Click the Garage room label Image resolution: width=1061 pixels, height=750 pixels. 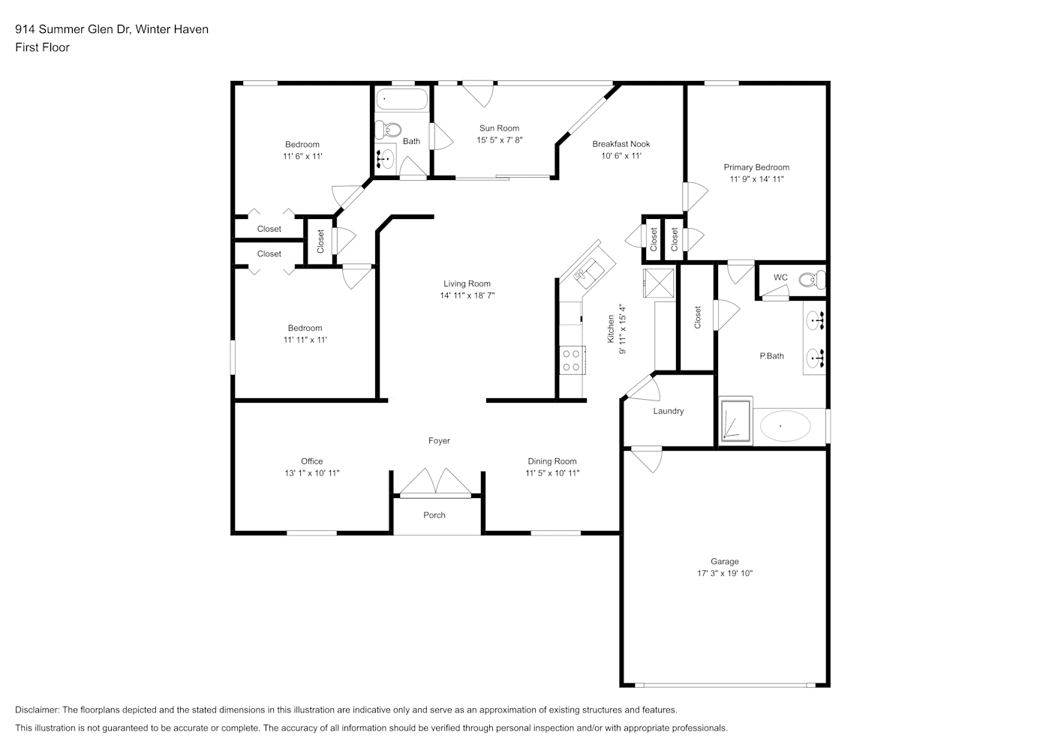[724, 561]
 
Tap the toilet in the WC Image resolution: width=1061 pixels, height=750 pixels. [812, 280]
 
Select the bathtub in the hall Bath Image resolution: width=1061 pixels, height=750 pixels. [401, 100]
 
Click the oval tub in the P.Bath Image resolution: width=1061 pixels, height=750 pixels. [785, 426]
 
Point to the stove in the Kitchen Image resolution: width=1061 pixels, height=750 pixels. [573, 361]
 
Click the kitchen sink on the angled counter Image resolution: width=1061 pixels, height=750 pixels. [590, 272]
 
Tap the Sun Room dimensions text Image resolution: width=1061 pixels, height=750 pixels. [499, 140]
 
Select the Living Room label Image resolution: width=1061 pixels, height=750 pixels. [467, 283]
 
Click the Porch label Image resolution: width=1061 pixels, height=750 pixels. [434, 515]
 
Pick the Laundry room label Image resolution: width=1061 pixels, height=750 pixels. [669, 411]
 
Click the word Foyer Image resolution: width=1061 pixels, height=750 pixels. [439, 441]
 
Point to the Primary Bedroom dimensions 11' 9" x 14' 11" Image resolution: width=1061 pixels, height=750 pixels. [756, 179]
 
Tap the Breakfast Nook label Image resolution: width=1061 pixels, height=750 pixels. [621, 144]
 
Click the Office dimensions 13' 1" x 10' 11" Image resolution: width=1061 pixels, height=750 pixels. [312, 473]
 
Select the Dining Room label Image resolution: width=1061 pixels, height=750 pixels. [552, 461]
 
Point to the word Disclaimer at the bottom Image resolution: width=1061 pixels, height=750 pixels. [37, 709]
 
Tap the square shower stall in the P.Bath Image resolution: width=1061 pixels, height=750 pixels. [735, 421]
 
